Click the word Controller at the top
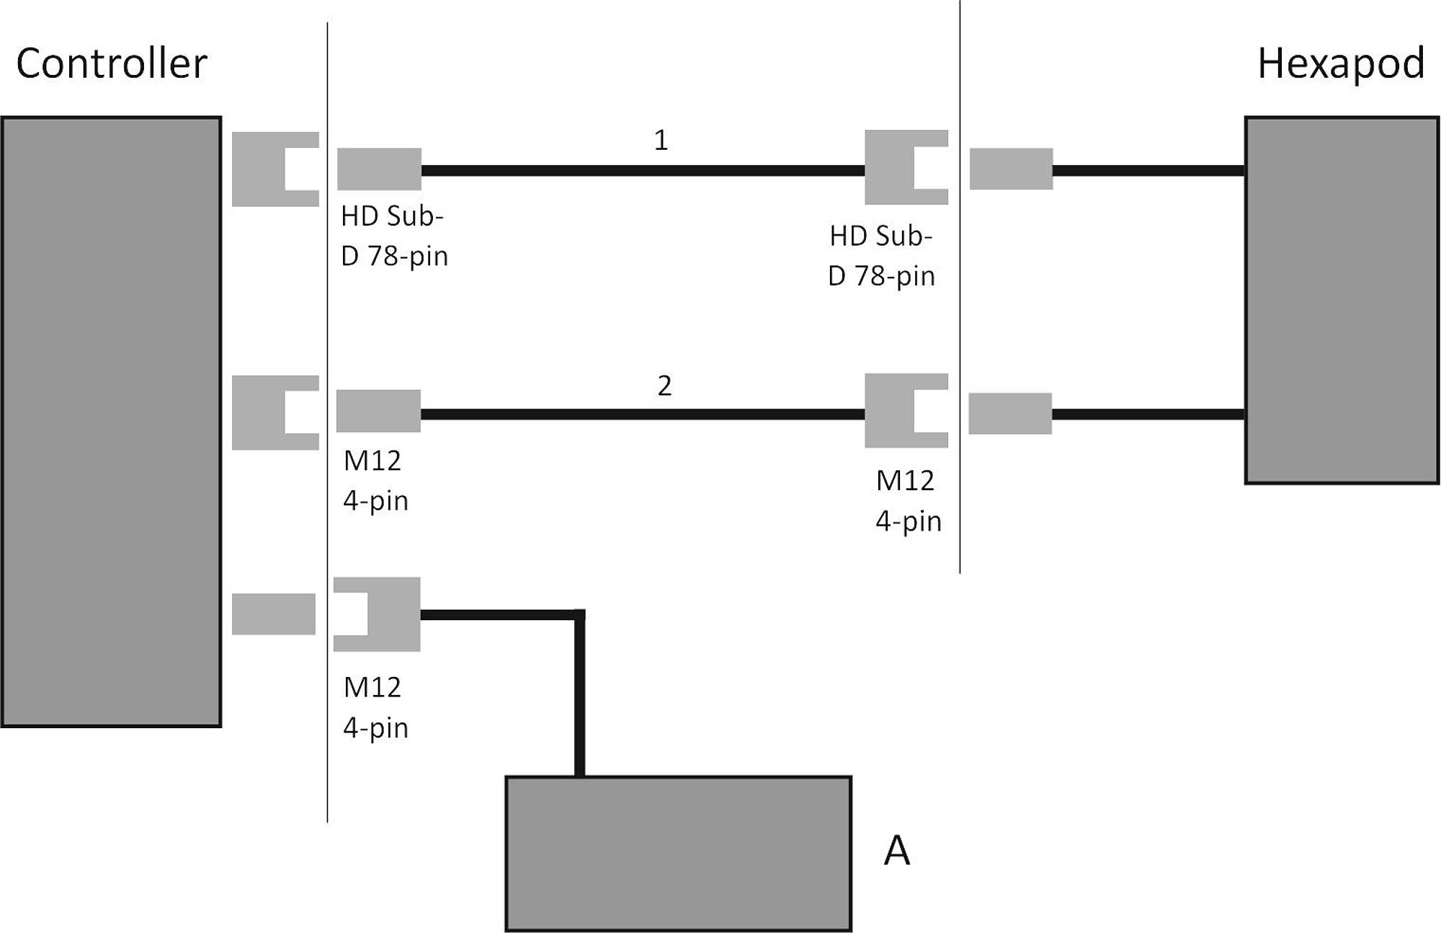click(112, 63)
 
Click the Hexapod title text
click(1341, 63)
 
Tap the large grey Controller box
click(111, 422)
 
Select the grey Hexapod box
click(1342, 300)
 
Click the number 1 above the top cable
click(661, 140)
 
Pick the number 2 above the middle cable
click(664, 386)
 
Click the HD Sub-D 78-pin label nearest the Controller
click(393, 236)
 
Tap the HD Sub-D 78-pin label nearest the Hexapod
click(881, 256)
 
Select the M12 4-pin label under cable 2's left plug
click(375, 480)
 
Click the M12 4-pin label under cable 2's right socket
click(908, 500)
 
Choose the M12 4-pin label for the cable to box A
click(375, 707)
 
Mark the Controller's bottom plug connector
click(274, 614)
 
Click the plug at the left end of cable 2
click(378, 411)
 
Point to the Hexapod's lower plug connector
click(1010, 413)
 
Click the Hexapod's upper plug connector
click(1011, 169)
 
